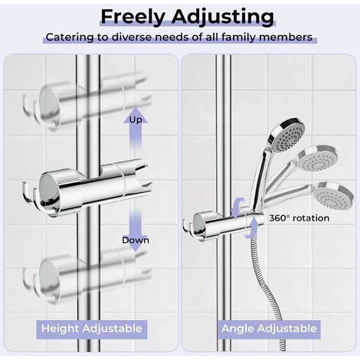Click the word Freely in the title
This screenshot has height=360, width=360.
click(x=133, y=17)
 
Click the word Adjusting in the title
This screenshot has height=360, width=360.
click(x=223, y=17)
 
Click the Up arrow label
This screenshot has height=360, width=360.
click(x=136, y=120)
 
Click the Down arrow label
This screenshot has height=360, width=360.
click(x=136, y=241)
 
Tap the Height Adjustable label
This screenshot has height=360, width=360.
click(x=92, y=329)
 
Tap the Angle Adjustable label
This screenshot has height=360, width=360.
click(x=269, y=329)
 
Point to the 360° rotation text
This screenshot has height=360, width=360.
click(x=299, y=218)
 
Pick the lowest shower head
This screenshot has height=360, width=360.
click(x=332, y=195)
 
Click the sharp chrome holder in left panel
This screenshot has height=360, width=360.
click(x=87, y=187)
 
